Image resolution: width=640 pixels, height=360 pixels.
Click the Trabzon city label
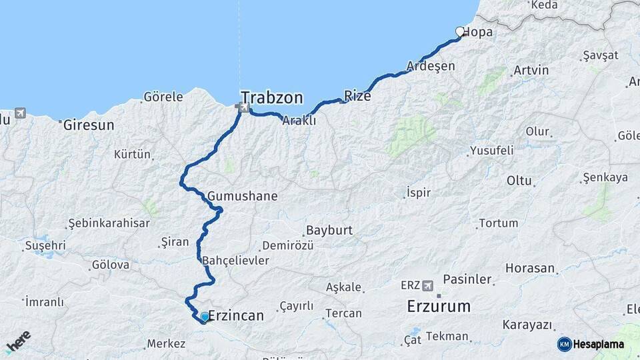(x=272, y=98)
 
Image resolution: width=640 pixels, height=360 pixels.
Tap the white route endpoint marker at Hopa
(x=459, y=31)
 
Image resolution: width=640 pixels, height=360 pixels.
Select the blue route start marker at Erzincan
(x=204, y=316)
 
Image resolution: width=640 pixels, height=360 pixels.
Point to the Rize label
(x=357, y=96)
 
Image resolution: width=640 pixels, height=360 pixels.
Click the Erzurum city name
(x=439, y=307)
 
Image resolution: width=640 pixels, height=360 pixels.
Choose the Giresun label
(x=89, y=125)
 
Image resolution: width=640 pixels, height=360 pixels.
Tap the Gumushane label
(x=242, y=197)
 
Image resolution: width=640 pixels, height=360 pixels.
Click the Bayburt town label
(x=329, y=231)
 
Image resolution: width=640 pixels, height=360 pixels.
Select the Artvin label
(x=531, y=70)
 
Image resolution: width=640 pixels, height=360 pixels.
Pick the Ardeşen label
(x=431, y=66)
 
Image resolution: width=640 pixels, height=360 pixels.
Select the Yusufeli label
(x=492, y=151)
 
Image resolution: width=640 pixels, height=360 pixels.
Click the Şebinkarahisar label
(x=109, y=223)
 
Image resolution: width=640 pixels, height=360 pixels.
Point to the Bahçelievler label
(x=235, y=260)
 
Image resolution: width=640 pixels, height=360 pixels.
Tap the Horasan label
(x=530, y=269)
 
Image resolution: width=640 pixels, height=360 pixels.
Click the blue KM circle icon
(x=565, y=344)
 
